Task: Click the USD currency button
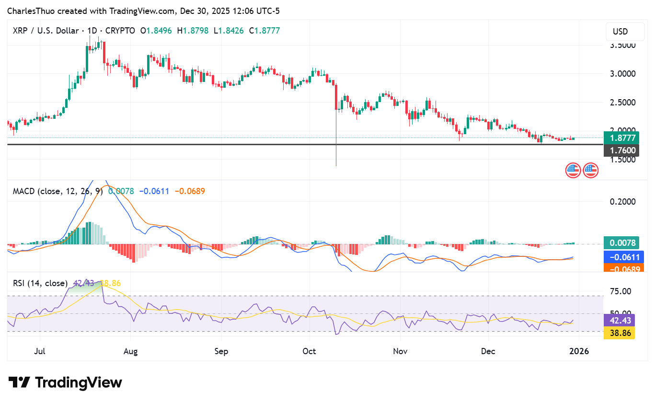click(620, 32)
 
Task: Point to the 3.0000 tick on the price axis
click(622, 74)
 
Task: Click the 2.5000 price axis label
click(622, 103)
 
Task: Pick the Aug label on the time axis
click(130, 351)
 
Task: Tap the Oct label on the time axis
click(310, 351)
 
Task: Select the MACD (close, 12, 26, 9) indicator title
click(58, 191)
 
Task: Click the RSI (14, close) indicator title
click(40, 283)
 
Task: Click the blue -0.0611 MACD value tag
click(621, 257)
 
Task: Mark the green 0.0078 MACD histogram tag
click(621, 243)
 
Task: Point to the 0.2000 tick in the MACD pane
click(622, 201)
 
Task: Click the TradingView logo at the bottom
click(65, 382)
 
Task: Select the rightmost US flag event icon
click(590, 170)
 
